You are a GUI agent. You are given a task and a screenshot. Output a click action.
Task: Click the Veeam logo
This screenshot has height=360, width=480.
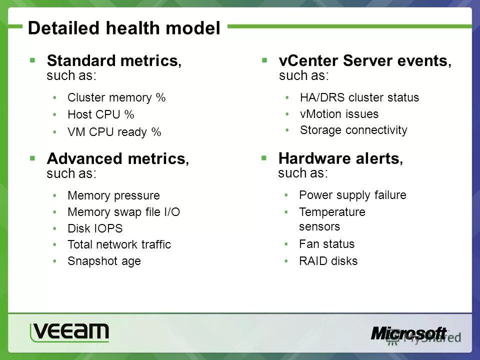click(69, 332)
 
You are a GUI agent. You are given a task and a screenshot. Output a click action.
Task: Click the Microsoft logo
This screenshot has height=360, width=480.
click(408, 333)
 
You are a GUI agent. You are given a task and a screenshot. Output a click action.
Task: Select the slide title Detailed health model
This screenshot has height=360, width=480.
click(124, 28)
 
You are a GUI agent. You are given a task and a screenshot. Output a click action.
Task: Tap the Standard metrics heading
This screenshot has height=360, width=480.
click(114, 60)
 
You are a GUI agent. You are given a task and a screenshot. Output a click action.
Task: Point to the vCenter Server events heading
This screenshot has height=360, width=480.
click(365, 60)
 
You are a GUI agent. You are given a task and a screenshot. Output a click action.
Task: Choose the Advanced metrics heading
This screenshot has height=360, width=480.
click(118, 158)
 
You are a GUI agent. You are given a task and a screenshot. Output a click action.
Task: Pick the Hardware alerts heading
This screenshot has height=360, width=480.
click(340, 158)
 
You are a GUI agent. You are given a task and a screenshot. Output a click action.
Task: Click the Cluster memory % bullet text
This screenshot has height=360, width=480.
click(116, 97)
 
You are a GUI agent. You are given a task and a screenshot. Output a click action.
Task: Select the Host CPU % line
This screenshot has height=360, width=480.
click(100, 114)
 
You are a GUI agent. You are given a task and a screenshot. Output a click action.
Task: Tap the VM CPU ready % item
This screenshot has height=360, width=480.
click(114, 132)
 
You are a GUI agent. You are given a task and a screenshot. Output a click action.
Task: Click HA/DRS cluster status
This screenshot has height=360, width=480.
click(359, 97)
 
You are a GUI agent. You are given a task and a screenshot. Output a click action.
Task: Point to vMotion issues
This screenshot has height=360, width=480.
click(339, 114)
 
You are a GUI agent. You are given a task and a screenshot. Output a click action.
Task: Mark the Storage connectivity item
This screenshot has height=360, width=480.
click(353, 130)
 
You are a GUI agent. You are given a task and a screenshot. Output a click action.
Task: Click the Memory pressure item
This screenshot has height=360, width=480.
click(113, 195)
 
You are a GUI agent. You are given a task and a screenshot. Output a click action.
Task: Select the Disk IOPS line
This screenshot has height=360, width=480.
click(95, 228)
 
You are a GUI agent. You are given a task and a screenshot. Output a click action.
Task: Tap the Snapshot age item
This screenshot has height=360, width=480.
click(104, 261)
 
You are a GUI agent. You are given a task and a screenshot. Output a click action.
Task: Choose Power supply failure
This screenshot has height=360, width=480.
click(352, 195)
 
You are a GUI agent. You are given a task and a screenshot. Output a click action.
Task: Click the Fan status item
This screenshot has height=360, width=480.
click(326, 244)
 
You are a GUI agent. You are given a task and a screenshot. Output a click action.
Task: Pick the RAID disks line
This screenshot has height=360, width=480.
click(328, 261)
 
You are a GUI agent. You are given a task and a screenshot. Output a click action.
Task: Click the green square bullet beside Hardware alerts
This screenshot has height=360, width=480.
click(264, 158)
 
